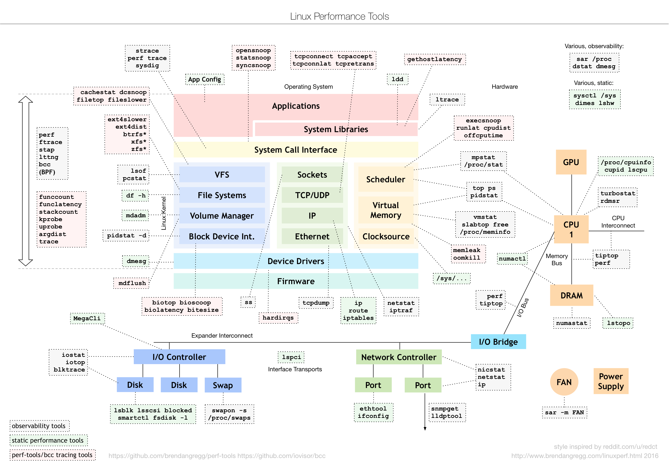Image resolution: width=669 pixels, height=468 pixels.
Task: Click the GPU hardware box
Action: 571,162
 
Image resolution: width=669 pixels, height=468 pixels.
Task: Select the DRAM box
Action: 571,295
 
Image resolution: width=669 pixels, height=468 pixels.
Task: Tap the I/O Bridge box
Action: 498,342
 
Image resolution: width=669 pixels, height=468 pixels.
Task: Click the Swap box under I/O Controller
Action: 223,385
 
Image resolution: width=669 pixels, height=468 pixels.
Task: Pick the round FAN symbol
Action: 564,382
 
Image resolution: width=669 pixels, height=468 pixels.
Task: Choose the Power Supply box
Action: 611,381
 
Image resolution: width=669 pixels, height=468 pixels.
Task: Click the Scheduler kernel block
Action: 386,179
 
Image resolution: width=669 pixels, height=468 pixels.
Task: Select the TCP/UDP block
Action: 312,195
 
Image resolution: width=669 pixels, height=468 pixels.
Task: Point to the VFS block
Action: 222,174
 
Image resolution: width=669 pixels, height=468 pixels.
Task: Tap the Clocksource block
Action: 386,236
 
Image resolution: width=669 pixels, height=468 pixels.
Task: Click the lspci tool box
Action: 291,357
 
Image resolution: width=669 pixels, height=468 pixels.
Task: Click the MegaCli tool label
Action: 87,318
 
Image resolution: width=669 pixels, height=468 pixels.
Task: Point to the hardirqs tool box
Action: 278,317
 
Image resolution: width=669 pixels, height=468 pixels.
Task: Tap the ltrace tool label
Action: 447,100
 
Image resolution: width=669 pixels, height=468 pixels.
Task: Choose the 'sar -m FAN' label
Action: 564,412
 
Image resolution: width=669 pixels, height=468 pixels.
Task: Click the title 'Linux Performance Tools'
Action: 339,16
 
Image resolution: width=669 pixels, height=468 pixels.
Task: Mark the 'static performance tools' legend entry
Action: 48,440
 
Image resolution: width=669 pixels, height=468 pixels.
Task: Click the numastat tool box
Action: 571,323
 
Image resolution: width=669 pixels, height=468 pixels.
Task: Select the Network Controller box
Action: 399,357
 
